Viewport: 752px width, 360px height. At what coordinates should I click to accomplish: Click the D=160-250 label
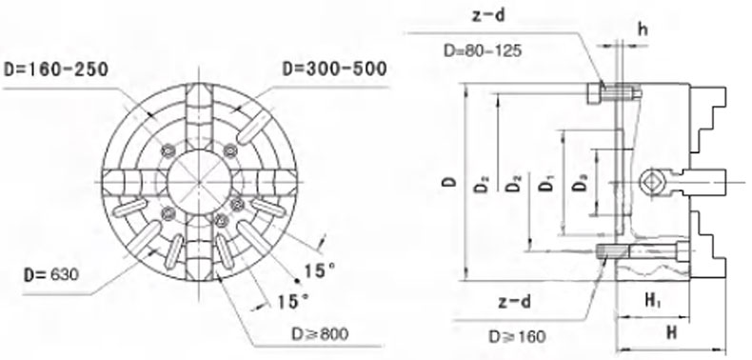[56, 70]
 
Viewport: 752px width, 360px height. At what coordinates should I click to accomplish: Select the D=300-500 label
[334, 69]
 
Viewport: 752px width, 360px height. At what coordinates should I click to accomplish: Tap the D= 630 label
[51, 275]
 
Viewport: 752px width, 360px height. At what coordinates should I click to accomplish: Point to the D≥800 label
[320, 333]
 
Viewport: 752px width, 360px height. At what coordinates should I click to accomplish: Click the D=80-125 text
[482, 50]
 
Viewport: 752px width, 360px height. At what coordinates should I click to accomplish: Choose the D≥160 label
[517, 336]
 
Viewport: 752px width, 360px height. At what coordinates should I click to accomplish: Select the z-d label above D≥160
[514, 303]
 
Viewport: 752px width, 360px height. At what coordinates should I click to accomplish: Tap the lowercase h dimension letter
[643, 30]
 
